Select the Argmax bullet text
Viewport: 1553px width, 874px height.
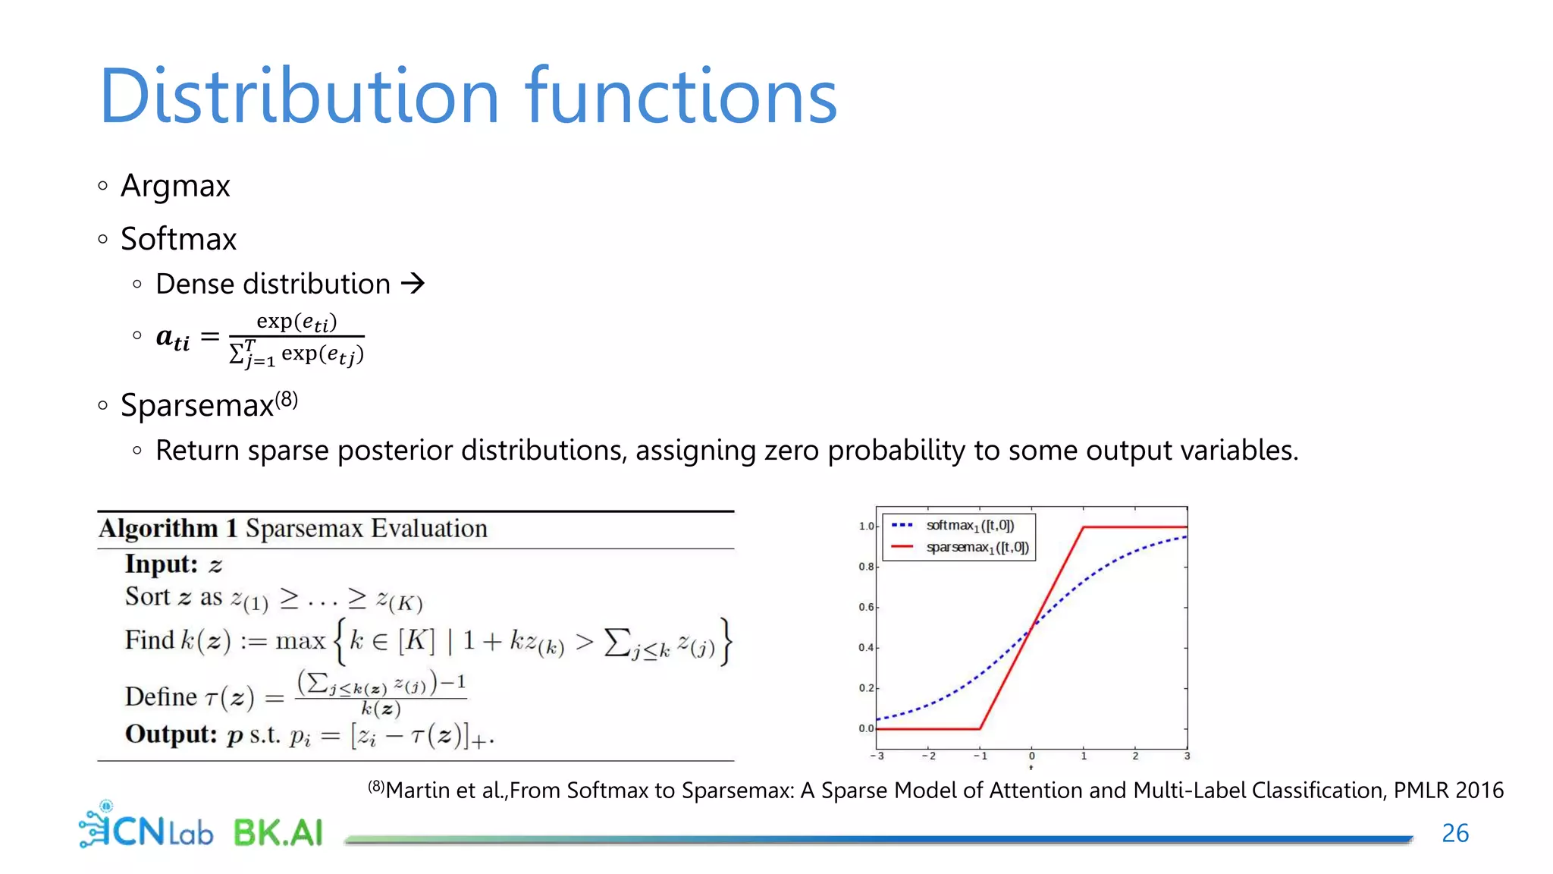175,187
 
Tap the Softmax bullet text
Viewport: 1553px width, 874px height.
179,239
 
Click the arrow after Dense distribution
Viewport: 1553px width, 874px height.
413,284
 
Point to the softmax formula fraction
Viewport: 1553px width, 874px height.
296,338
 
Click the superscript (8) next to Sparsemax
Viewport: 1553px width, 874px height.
287,399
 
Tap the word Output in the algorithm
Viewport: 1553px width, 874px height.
171,734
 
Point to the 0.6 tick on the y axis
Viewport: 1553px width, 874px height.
866,607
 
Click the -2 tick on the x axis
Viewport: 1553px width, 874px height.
928,756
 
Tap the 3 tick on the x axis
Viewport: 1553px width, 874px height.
1187,756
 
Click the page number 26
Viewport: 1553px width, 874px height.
1455,833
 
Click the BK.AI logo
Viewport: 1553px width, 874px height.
278,833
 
